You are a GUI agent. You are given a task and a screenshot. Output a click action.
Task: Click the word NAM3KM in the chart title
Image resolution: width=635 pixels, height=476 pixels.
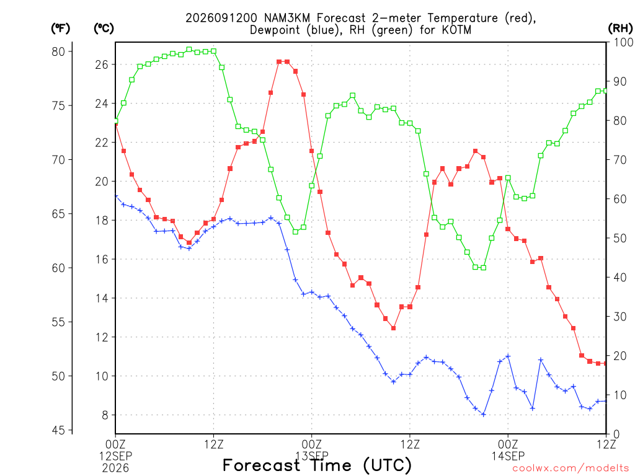pos(288,18)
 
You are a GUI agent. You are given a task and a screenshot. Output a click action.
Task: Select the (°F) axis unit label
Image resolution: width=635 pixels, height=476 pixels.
pos(60,29)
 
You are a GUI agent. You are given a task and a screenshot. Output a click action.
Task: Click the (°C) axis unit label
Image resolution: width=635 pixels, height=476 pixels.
pos(104,29)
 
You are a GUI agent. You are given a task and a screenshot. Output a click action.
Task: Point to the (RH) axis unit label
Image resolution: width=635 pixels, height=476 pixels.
pos(620,29)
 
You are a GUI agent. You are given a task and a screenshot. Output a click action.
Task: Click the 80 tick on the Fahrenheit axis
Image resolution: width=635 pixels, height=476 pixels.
pos(58,51)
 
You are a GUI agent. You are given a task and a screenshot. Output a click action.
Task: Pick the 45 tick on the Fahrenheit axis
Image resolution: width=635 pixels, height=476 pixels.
pos(58,430)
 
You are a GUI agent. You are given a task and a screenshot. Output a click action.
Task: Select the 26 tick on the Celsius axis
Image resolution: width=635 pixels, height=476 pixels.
pos(102,64)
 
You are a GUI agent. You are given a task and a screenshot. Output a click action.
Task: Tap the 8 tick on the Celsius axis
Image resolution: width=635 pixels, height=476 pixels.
pos(105,415)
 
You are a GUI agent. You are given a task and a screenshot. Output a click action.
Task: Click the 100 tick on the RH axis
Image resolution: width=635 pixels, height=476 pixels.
pos(623,42)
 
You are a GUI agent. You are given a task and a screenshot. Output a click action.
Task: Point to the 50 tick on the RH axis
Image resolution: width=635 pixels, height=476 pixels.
pos(619,238)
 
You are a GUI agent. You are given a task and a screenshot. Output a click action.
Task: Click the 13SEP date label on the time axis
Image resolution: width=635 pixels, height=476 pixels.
pos(312,456)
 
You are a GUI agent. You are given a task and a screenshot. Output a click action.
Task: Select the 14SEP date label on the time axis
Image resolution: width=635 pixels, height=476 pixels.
pos(508,456)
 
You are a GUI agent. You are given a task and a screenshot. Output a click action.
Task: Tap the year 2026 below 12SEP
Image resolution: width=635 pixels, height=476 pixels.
pos(115,468)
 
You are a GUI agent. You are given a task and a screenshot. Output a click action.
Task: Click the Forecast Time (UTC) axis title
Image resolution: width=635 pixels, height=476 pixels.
pos(317,465)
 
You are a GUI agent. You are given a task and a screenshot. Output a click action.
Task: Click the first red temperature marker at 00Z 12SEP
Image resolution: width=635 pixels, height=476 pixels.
pos(116,124)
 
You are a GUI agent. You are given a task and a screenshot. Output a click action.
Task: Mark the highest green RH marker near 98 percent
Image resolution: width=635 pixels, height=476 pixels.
pos(189,50)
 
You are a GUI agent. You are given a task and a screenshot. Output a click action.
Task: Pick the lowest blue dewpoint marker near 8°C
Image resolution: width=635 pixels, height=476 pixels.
pos(484,415)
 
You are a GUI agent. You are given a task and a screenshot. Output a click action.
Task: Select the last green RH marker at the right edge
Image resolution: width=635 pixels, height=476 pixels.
pos(606,91)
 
